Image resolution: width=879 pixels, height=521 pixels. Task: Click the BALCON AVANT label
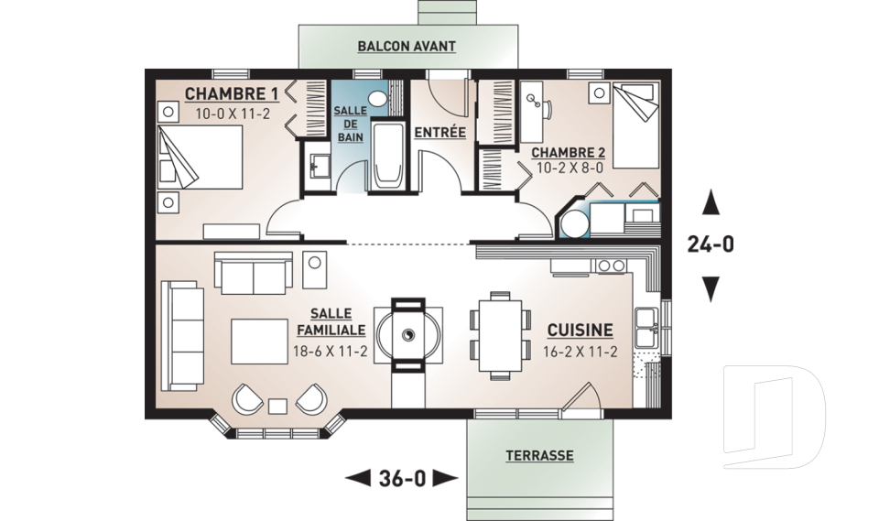pos(407,46)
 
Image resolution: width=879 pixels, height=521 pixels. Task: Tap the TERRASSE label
pos(539,455)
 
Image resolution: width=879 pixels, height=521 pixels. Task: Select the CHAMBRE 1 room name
pos(232,94)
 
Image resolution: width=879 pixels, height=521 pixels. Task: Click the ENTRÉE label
pos(439,133)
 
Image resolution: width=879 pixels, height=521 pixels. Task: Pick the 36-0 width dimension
pos(402,477)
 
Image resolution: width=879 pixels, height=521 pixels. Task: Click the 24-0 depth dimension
pos(710,244)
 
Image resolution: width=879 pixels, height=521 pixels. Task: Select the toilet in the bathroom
pos(378,98)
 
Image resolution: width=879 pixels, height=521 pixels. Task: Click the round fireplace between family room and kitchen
pos(408,334)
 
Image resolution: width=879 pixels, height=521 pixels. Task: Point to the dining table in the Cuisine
pos(500,334)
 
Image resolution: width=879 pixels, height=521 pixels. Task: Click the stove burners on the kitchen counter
pos(608,266)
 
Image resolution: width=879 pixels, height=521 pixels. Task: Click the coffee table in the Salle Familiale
pos(260,341)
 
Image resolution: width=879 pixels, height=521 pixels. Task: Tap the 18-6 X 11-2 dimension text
pos(330,351)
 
